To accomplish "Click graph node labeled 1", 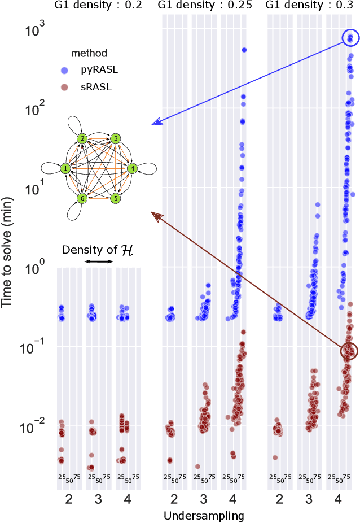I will pyautogui.click(x=65, y=168).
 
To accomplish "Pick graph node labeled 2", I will pyautogui.click(x=82, y=138).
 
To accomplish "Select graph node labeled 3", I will pyautogui.click(x=116, y=138).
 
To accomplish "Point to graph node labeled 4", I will pyautogui.click(x=132, y=168).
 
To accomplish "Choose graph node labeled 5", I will pyautogui.click(x=116, y=198).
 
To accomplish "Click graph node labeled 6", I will pyautogui.click(x=82, y=198).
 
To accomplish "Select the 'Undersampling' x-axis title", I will pyautogui.click(x=203, y=515).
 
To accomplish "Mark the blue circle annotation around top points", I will pyautogui.click(x=350, y=38).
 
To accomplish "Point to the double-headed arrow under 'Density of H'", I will pyautogui.click(x=98, y=261).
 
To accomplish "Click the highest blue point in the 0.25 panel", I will pyautogui.click(x=244, y=50).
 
